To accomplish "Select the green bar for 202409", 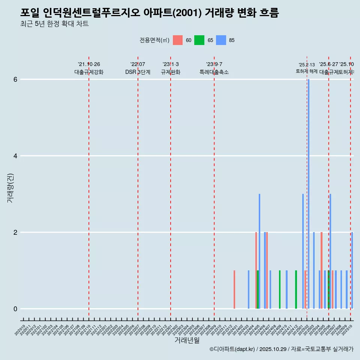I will coord(280,289).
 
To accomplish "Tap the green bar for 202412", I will coord(296,289).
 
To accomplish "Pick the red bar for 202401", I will coord(234,289).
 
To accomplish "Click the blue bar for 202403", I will coord(249,289).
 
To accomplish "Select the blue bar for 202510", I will coord(352,270).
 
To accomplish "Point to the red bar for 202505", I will coord(321,270).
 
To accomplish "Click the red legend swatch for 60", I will coord(178,40).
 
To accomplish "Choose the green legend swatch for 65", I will coord(199,40).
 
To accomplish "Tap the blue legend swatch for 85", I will coord(221,40).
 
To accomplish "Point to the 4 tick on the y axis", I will coord(15,156).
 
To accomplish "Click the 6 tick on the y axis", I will coord(15,79).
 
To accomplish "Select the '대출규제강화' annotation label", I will coord(89,72).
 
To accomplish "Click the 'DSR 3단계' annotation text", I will coord(138,72).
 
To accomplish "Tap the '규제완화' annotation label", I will coord(171,72).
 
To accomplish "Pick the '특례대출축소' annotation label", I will coord(214,72).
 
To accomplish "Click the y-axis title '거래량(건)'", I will coord(10,188).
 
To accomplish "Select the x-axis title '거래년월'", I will coord(187,340).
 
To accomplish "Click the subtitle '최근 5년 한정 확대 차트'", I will coord(54,24).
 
